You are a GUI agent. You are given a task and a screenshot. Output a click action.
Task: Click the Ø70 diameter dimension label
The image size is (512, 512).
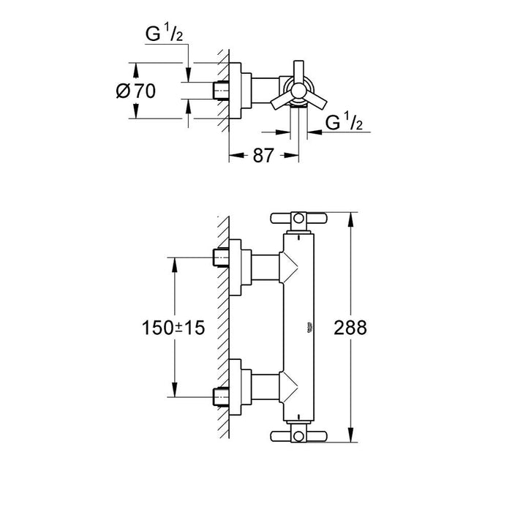136,91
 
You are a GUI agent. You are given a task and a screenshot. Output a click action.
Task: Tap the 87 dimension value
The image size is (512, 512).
263,155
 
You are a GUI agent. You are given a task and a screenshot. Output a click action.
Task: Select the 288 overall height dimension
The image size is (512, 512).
350,328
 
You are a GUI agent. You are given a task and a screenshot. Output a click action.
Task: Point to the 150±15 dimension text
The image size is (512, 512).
173,328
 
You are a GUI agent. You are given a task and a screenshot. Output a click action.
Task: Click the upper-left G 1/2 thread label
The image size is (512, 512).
164,34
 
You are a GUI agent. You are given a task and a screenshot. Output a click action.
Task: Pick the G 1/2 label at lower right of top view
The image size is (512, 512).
344,123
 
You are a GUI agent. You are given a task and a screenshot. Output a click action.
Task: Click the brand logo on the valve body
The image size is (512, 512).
309,327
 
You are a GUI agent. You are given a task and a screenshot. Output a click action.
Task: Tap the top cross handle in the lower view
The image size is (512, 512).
298,218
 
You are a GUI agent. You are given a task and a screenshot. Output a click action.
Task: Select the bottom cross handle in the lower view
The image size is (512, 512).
298,436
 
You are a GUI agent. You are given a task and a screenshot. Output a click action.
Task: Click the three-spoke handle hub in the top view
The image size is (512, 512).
298,90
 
